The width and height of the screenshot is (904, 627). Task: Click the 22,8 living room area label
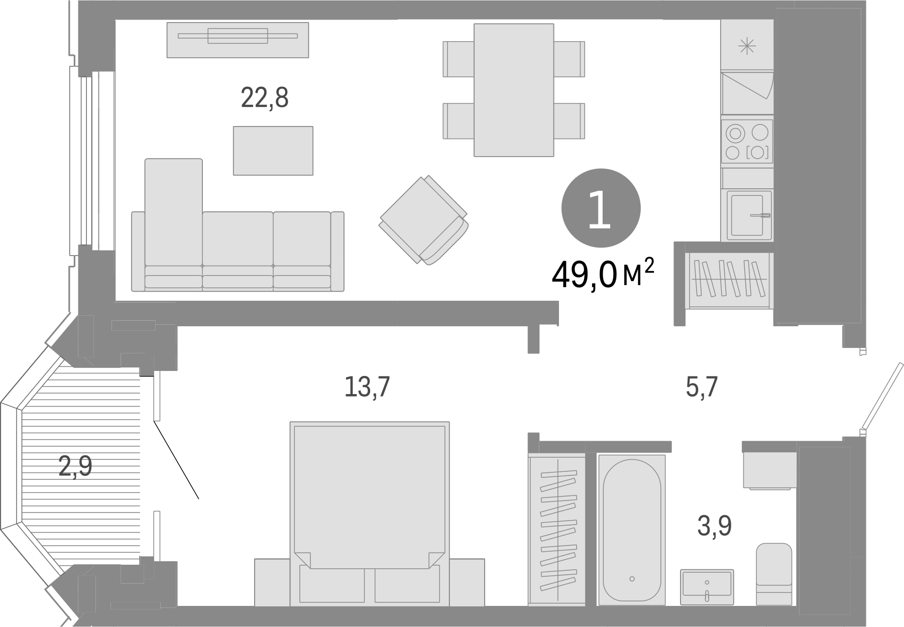coord(265,98)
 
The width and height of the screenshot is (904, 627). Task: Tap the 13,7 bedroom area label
coord(367,387)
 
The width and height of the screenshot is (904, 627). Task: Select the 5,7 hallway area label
coord(702,387)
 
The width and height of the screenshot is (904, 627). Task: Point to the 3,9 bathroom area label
coord(714,526)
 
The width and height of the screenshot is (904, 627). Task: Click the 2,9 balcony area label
coord(75,466)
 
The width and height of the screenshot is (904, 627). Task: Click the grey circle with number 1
coord(601,208)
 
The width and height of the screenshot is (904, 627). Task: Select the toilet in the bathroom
coord(773,573)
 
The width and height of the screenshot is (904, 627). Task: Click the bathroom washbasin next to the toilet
coord(707,586)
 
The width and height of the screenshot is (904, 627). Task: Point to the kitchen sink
coord(747,215)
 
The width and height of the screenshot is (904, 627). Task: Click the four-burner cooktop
coord(747,141)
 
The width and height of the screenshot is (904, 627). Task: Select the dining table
coord(513,89)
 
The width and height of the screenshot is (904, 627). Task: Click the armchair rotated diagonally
coord(423,220)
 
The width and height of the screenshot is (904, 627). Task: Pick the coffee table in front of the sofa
coord(273,151)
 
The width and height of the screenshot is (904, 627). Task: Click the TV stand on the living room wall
coord(238,40)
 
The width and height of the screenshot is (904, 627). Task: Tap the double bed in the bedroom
coord(369,502)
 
